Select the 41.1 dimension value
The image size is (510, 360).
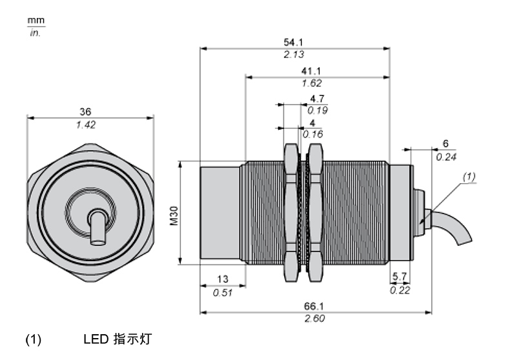pos(312,72)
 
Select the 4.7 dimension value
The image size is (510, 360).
pos(317,99)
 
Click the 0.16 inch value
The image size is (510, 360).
pos(313,134)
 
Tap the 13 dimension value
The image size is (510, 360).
pos(222,279)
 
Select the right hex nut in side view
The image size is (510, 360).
pos(315,213)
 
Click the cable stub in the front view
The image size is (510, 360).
pos(97,227)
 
